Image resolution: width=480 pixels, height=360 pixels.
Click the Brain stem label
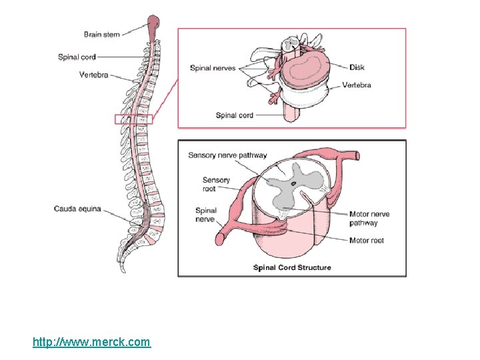[101, 35]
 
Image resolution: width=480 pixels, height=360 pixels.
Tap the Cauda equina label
[77, 209]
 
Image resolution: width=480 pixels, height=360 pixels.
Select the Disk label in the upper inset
[357, 67]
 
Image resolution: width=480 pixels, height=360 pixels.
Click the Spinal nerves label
[213, 68]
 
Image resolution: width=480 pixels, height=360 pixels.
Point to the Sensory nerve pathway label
[227, 155]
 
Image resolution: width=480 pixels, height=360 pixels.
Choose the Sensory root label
[216, 184]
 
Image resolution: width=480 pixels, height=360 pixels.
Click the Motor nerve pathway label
[369, 219]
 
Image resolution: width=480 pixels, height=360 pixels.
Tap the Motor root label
[367, 241]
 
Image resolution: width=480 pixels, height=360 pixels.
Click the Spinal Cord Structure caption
[292, 267]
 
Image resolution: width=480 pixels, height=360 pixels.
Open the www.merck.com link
[92, 342]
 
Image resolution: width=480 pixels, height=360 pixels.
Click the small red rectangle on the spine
[133, 119]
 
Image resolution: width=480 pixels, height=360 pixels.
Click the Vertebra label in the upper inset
[357, 85]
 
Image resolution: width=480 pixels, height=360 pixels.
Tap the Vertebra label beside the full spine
[93, 75]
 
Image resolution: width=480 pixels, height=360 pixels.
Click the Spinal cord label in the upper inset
[235, 115]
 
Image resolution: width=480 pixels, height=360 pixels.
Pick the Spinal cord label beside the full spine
[77, 57]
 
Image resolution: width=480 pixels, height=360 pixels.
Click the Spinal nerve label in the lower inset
[205, 215]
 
